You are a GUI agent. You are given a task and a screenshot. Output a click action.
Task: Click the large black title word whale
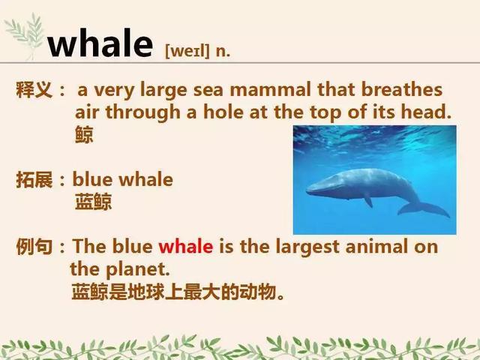click(x=100, y=43)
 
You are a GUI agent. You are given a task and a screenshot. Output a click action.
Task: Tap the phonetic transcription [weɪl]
click(x=187, y=50)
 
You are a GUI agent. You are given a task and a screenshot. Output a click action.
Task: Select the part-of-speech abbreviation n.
click(x=223, y=52)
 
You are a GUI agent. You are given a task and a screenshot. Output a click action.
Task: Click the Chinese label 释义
click(x=34, y=90)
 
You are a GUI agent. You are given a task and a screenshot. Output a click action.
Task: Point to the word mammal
click(x=270, y=90)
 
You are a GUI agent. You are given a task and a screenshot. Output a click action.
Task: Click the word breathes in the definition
click(x=402, y=90)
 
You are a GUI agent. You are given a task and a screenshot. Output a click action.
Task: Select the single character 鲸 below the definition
click(x=84, y=134)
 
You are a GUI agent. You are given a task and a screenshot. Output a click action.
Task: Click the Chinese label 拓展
click(x=34, y=180)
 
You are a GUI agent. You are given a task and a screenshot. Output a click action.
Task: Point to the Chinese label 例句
click(x=34, y=247)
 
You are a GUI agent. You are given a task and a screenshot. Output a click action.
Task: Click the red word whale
click(x=186, y=247)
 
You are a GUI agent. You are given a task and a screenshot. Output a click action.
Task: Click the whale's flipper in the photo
click(x=368, y=201)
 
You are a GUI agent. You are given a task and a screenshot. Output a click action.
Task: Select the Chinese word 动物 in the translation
click(x=257, y=292)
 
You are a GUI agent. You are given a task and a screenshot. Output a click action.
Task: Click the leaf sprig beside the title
click(x=25, y=34)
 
